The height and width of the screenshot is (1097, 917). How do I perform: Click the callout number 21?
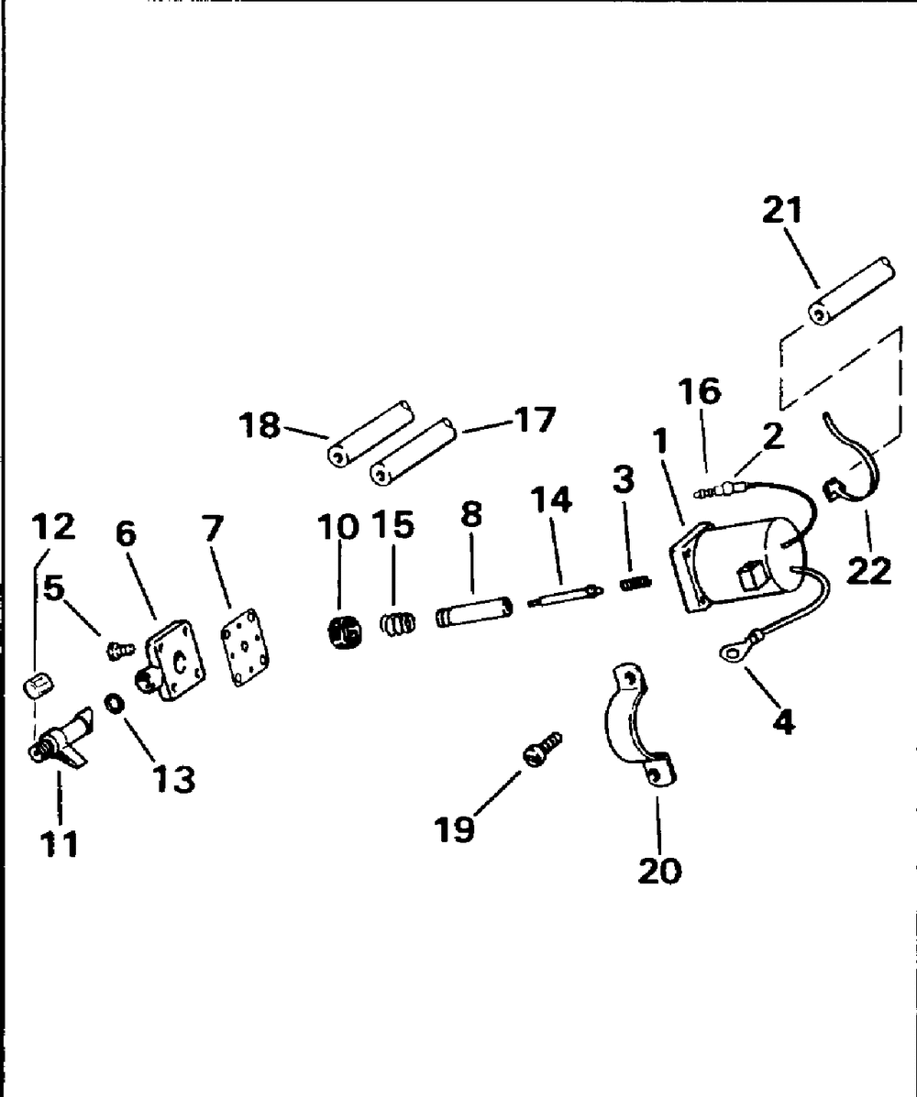tap(781, 211)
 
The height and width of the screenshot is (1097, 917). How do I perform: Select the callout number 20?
tap(659, 869)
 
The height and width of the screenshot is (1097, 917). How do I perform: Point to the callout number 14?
tap(549, 500)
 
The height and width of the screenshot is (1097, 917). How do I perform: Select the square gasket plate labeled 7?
tap(242, 652)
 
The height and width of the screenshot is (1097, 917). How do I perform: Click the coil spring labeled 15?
tap(397, 622)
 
